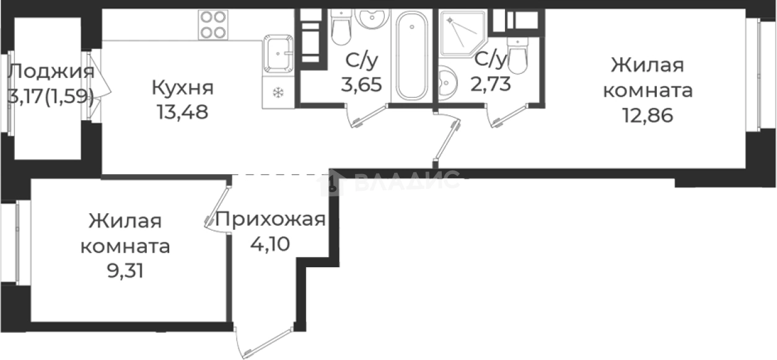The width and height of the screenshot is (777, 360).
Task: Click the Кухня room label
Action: (183, 87)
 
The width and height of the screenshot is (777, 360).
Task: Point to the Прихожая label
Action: (270, 219)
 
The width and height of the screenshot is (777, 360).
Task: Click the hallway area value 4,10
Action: (270, 242)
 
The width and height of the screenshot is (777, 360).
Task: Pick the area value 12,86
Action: (647, 116)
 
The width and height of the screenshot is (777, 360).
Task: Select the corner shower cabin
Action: (462, 33)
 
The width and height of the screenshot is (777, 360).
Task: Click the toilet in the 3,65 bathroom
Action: (341, 25)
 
